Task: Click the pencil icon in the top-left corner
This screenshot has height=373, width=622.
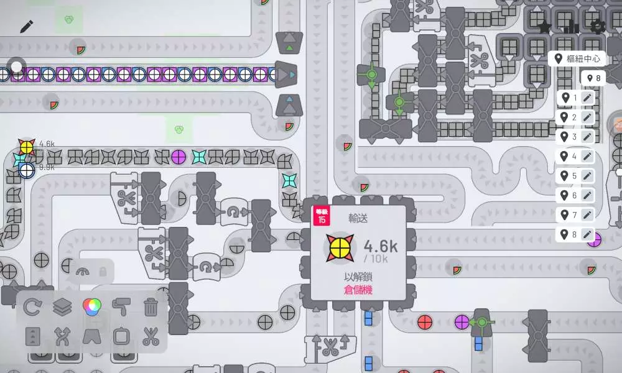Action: click(26, 26)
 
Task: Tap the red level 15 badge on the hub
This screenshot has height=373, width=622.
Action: click(322, 215)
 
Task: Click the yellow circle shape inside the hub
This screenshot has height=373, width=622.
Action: click(340, 247)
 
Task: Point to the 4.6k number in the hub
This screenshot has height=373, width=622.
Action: click(380, 246)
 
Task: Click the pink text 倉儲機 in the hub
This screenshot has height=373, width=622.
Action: click(358, 290)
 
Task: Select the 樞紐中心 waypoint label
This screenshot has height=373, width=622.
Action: click(578, 58)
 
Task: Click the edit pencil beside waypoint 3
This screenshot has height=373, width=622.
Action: click(587, 137)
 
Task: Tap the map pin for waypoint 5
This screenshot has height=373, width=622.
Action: click(565, 176)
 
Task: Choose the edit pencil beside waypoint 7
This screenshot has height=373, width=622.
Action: click(587, 215)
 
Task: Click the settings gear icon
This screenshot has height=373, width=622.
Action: click(598, 26)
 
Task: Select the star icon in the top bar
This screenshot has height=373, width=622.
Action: click(545, 27)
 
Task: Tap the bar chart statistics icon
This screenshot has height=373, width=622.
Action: click(571, 27)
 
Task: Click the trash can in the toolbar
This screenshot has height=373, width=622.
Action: click(151, 306)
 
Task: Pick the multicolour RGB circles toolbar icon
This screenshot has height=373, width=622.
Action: click(91, 306)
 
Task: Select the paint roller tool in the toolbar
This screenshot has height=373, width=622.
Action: click(121, 306)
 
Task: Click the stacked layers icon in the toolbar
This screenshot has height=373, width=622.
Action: click(62, 306)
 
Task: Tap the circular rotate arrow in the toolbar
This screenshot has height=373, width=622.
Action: click(32, 306)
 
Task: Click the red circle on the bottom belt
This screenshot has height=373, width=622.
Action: click(425, 322)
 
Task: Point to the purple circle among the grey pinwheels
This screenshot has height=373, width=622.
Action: click(179, 155)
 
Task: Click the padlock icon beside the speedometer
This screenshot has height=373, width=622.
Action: click(103, 271)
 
